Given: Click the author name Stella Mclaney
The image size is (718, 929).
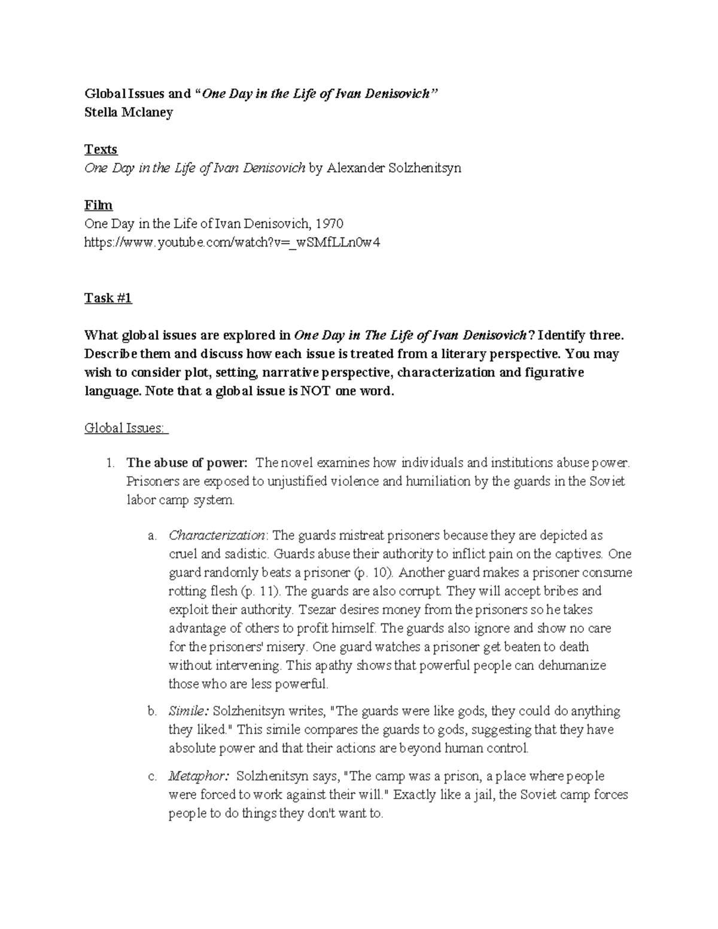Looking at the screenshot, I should pos(129,112).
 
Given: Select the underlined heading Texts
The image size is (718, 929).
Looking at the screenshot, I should pos(101,150).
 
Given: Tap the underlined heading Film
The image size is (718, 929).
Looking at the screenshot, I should pos(98,205).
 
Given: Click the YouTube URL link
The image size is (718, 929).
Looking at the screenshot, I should pos(232,242).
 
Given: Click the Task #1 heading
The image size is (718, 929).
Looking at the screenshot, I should pos(108,298).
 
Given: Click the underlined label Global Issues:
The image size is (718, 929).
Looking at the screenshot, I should pos(126,428).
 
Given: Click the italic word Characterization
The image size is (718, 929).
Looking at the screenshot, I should pos(217,535).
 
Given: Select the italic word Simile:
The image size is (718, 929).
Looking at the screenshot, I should pos(188,711).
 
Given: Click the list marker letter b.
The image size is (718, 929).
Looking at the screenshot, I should pos(151,711).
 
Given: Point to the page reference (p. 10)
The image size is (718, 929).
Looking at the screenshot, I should pos(374,572).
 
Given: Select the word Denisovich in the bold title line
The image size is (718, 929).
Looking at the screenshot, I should pos(398,94).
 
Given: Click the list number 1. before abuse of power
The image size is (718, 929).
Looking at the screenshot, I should pos(109,462).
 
